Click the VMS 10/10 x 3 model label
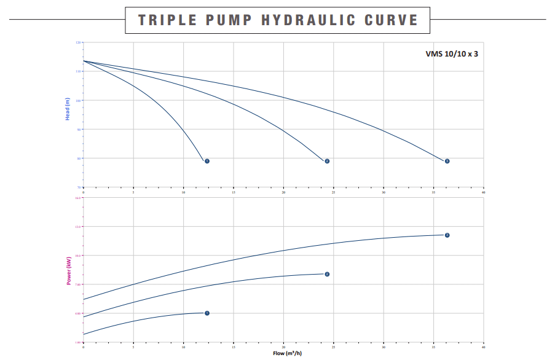(452, 53)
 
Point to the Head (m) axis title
(68, 109)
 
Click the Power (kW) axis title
(68, 270)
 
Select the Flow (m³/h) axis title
(287, 353)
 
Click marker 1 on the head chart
(207, 161)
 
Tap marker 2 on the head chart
(327, 161)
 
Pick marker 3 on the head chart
(447, 161)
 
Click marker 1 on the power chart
(207, 313)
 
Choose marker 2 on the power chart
(327, 274)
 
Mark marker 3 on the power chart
(447, 235)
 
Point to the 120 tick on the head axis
(79, 42)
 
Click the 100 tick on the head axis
(79, 100)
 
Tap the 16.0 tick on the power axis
(79, 198)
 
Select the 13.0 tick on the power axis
(79, 227)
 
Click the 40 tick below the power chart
(484, 346)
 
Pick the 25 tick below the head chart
(334, 192)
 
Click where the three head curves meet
(84, 61)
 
